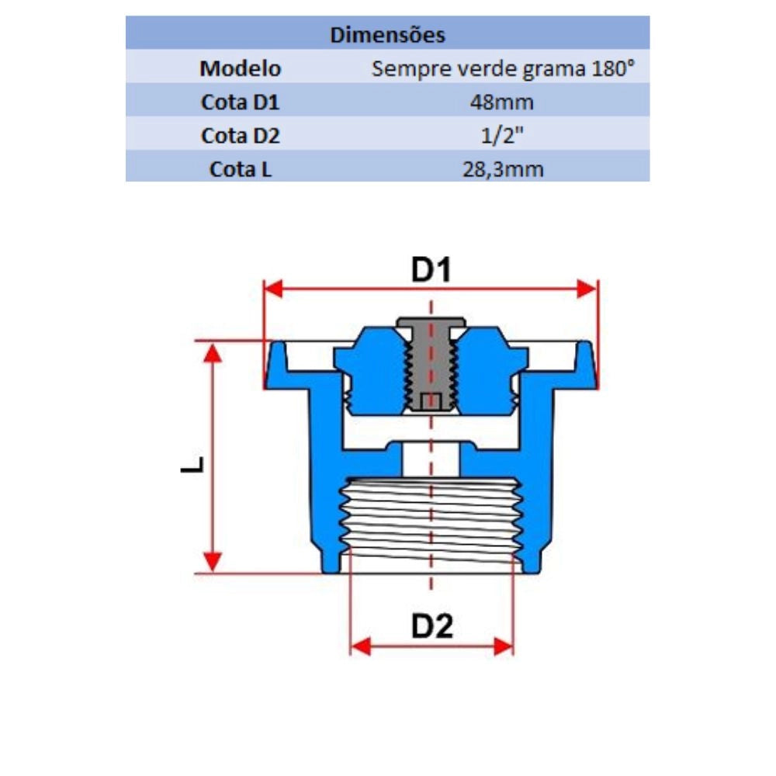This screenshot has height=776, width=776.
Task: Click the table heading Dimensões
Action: [x=387, y=35]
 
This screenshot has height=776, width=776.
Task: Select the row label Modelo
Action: [x=241, y=68]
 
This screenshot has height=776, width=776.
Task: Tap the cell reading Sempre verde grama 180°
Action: [x=503, y=68]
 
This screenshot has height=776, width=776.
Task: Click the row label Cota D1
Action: [x=241, y=102]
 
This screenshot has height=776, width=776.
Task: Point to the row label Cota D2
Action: [x=241, y=136]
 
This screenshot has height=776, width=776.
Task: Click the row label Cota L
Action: [x=241, y=169]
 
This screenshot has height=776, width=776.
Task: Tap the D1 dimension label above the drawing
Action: [x=431, y=270]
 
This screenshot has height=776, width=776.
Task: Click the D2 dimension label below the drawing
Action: [x=431, y=626]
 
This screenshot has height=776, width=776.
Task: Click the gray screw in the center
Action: [x=431, y=365]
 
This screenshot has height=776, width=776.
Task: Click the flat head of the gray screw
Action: [x=431, y=321]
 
